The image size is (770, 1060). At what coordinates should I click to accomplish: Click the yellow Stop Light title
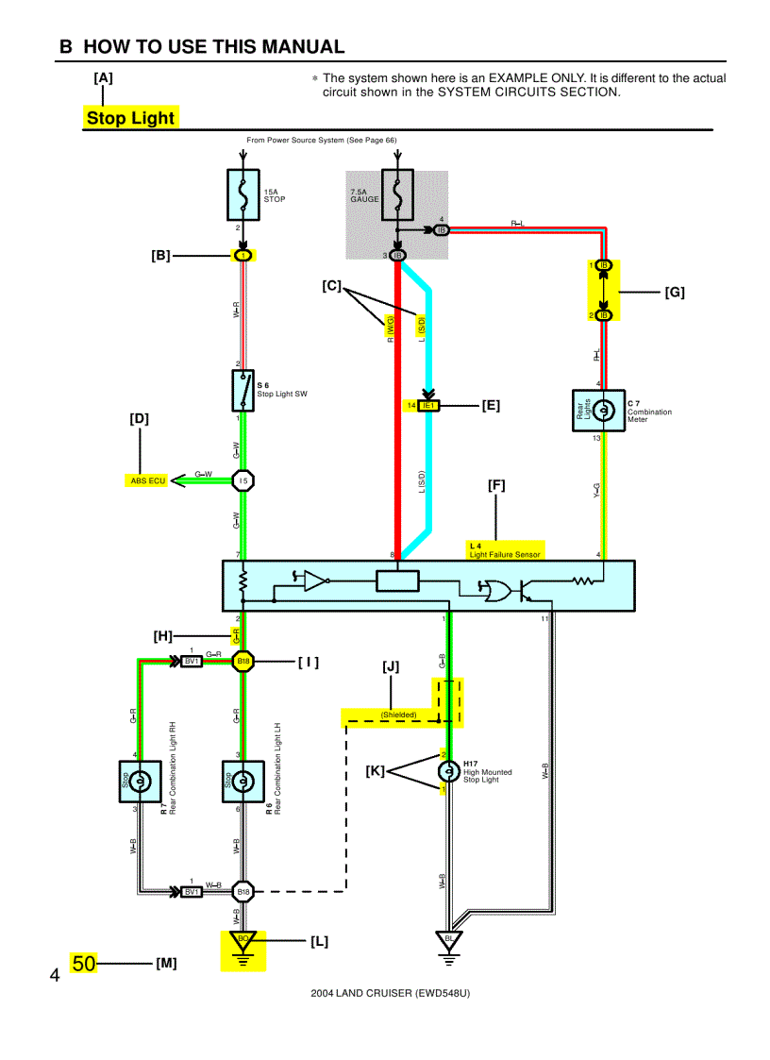click(130, 118)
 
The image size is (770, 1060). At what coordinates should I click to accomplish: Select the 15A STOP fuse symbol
click(243, 193)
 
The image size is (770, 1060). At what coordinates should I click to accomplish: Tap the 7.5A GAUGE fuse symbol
click(396, 193)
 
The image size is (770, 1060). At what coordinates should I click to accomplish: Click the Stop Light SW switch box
click(243, 390)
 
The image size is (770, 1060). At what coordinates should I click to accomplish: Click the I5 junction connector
click(243, 480)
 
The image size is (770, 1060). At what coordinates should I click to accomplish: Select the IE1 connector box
click(429, 405)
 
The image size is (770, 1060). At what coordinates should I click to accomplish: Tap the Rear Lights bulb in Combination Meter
click(598, 410)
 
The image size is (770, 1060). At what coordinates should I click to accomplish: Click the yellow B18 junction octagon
click(243, 662)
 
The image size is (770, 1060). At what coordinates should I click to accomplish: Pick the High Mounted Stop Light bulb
click(448, 771)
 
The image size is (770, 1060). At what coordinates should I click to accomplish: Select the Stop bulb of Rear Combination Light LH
click(243, 781)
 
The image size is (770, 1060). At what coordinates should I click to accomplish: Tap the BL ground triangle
click(449, 940)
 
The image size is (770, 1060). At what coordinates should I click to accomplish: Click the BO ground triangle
click(243, 940)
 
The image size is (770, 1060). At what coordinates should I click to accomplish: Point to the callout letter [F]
click(496, 485)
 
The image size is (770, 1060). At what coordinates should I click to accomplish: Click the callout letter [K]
click(376, 771)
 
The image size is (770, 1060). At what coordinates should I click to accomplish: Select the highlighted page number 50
click(83, 964)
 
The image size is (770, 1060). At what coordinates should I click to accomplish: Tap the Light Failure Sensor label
click(505, 554)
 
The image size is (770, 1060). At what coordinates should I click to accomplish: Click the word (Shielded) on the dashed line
click(398, 715)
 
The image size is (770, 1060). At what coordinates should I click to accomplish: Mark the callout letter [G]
click(675, 292)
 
